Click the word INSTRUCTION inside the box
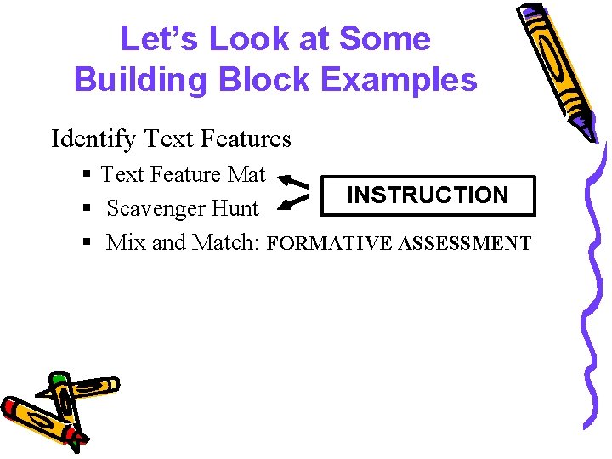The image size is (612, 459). pos(428,195)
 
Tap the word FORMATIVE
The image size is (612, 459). pos(331,245)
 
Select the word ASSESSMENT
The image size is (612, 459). pos(465,245)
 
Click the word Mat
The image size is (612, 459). pos(247,174)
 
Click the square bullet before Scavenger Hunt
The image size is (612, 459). pos(88,209)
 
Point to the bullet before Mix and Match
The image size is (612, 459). pos(88,243)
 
